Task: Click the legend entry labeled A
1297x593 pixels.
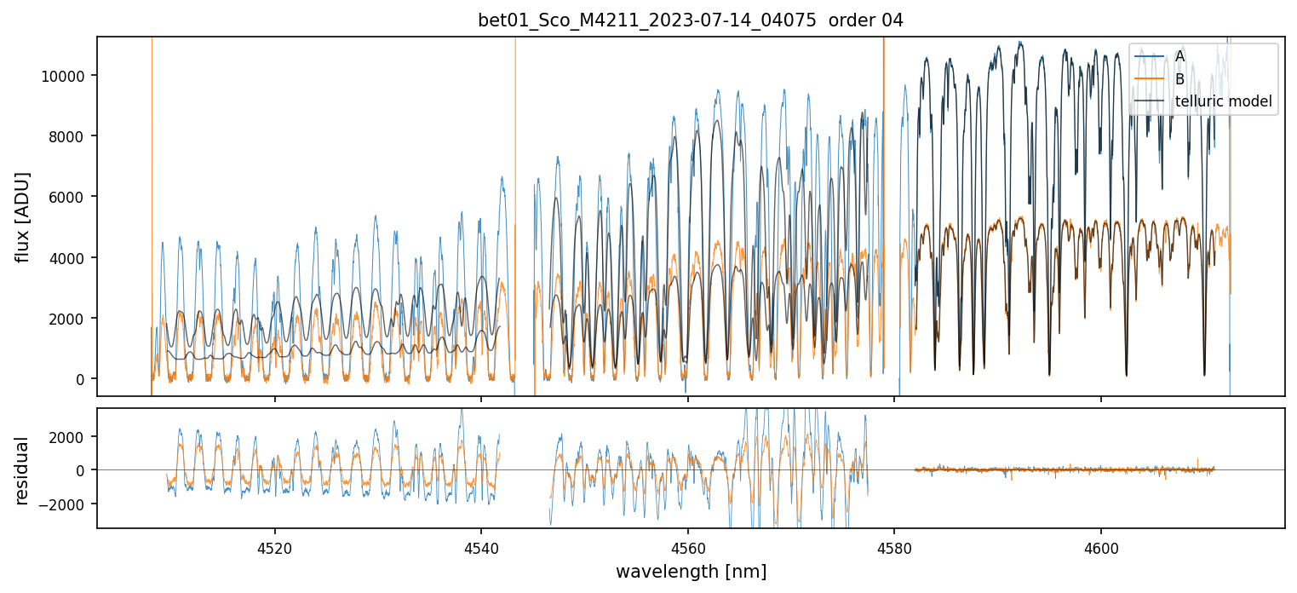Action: [x=1179, y=56]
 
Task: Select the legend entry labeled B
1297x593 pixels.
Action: [x=1179, y=79]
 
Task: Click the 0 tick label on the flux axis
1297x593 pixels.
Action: [x=82, y=379]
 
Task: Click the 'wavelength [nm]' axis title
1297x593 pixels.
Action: [x=691, y=571]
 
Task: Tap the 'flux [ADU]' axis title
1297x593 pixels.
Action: [x=23, y=216]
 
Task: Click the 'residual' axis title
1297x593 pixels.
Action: [x=23, y=469]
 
